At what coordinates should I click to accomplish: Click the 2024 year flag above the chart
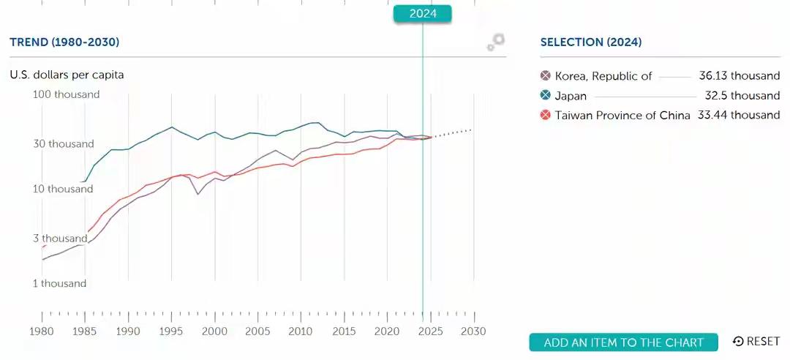pos(422,14)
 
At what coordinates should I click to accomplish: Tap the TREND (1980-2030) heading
pos(64,42)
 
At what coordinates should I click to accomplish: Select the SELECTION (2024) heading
pos(590,42)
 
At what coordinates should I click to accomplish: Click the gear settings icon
pos(496,42)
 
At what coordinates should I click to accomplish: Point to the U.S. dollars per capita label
pos(67,75)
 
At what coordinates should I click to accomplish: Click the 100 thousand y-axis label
pos(67,94)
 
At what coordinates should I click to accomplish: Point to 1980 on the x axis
pos(42,331)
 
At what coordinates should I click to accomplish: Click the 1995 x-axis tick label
pos(172,331)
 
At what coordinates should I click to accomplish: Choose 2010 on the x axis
pos(301,331)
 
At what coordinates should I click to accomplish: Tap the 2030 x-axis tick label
pos(474,331)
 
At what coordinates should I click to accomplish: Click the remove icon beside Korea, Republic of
pos(545,76)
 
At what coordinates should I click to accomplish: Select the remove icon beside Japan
pos(545,96)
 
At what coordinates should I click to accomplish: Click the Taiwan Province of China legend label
pos(622,115)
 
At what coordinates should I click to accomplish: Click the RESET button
pos(756,342)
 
